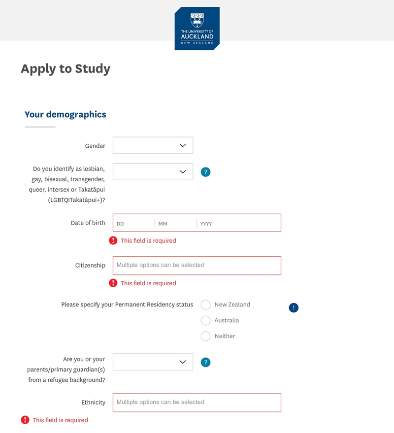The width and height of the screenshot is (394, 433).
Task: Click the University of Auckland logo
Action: point(197,28)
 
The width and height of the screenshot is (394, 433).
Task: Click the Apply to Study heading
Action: point(66,68)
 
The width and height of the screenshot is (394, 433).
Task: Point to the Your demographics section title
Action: point(66,114)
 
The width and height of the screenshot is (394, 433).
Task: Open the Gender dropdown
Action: point(153,145)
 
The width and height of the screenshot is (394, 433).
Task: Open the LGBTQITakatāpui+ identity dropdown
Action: point(153,171)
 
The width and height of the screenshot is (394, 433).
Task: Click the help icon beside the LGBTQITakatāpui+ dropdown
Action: point(206,172)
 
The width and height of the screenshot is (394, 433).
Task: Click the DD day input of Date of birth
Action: point(134,223)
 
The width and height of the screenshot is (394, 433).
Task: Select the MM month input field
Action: point(175,223)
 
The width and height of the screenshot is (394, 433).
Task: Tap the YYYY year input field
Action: point(238,223)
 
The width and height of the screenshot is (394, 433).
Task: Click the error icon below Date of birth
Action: point(113,240)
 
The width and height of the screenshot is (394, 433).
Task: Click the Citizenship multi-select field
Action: point(197,265)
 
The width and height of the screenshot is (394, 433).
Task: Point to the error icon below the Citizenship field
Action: point(113,283)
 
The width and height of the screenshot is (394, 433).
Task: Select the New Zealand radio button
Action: point(206,305)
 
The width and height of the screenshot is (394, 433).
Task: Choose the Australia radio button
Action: point(206,321)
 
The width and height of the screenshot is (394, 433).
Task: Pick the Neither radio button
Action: point(206,336)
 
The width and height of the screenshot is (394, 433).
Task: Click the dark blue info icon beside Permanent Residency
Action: point(294,308)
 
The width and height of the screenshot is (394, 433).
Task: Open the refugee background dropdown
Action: point(153,362)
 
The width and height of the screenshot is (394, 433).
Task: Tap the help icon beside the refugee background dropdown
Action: point(206,363)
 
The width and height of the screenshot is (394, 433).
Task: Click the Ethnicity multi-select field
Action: point(197,402)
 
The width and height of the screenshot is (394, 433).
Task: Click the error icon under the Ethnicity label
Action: point(25,420)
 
